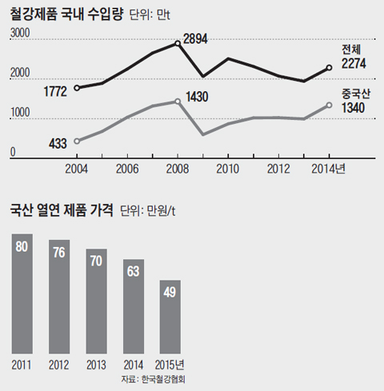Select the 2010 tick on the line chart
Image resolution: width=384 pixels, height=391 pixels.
coord(228,169)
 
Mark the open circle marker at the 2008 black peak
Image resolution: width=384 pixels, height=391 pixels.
coord(178,43)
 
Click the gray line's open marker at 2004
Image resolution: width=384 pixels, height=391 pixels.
coord(77,141)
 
